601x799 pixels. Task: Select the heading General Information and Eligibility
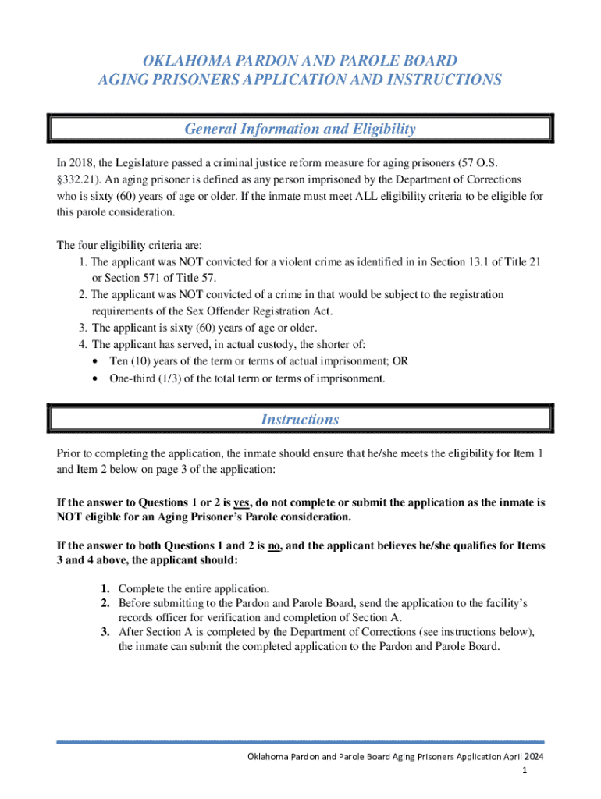[300, 129]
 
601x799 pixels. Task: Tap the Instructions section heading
[300, 419]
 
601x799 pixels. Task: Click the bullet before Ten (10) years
[94, 362]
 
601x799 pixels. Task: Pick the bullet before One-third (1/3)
[94, 379]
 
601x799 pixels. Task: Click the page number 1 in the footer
[526, 771]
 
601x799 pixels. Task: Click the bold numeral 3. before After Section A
[105, 632]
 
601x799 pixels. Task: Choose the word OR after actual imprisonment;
[400, 362]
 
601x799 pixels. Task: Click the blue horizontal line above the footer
[300, 742]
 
